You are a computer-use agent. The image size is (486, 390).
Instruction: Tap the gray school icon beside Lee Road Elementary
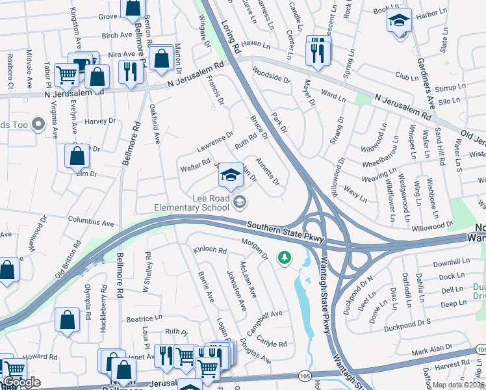tap(240, 203)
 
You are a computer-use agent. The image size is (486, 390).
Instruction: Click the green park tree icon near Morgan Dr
tap(284, 258)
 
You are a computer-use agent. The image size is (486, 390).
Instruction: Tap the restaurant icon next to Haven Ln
tap(318, 51)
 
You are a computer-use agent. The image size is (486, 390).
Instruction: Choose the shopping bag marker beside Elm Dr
tap(77, 156)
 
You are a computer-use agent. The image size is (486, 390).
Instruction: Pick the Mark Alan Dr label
tap(431, 350)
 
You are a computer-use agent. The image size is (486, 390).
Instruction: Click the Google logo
tap(21, 382)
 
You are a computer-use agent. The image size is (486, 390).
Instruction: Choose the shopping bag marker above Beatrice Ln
tap(67, 320)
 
